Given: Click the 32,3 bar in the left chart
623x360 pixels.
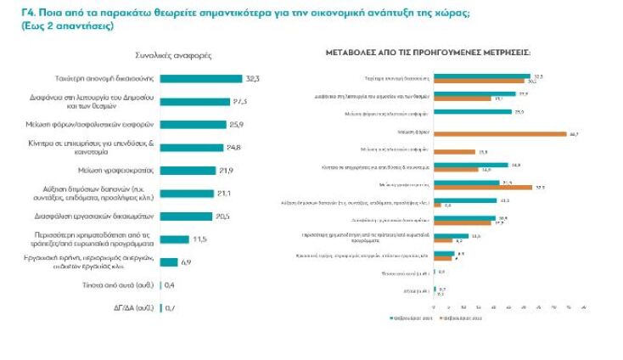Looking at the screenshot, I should point(200,78).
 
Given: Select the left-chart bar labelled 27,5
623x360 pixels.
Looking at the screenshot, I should point(194,101).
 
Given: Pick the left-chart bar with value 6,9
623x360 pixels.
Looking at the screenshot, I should point(168,262).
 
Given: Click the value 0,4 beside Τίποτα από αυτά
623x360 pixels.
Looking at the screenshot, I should point(170,284).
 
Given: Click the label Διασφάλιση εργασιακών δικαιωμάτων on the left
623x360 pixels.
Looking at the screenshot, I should point(98,216).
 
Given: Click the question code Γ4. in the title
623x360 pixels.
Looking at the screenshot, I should point(11,12).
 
